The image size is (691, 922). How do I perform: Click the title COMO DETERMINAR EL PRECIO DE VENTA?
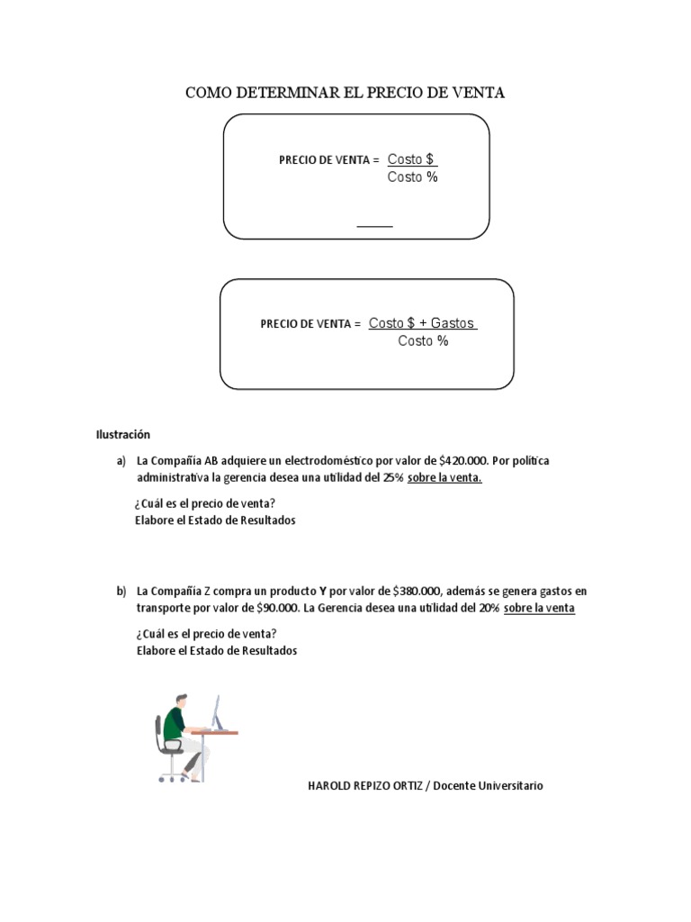pyautogui.click(x=345, y=93)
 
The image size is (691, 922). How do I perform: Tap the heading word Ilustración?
pyautogui.click(x=123, y=434)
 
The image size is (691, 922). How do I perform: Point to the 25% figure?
pyautogui.click(x=393, y=478)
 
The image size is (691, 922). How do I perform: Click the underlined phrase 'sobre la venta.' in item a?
pyautogui.click(x=444, y=478)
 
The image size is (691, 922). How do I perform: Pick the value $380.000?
pyautogui.click(x=417, y=592)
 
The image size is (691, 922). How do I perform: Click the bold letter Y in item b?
pyautogui.click(x=322, y=592)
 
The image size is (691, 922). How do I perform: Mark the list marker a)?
pyautogui.click(x=121, y=461)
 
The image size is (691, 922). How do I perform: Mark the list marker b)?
pyautogui.click(x=121, y=592)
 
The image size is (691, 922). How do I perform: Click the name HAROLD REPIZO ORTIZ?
pyautogui.click(x=364, y=786)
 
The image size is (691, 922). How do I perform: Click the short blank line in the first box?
pyautogui.click(x=375, y=226)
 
